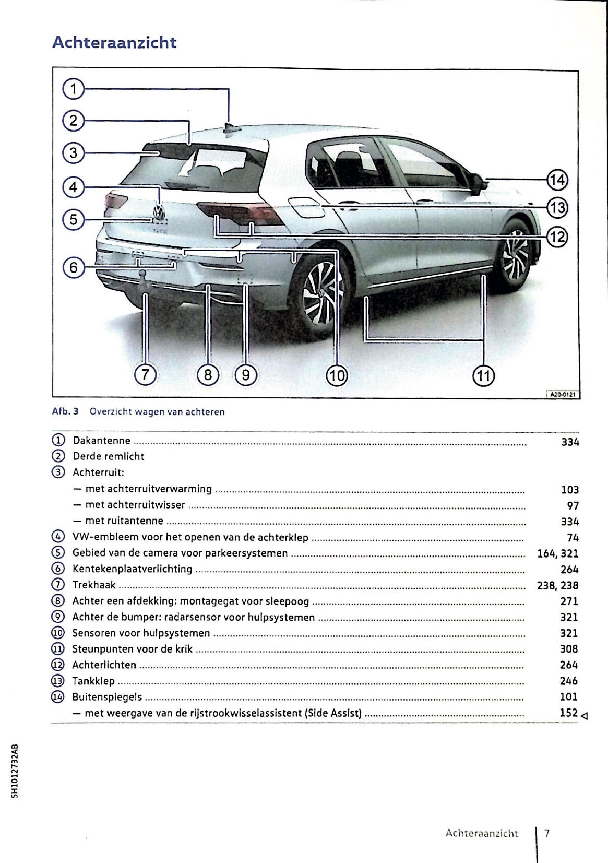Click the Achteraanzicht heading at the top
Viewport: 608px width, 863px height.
click(114, 42)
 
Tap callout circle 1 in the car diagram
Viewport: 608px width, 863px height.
click(74, 89)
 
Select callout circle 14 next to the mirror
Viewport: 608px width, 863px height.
click(557, 180)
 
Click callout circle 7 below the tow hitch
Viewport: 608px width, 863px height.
click(145, 374)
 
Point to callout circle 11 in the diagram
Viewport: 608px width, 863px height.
click(483, 375)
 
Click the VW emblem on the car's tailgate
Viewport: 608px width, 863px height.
click(159, 212)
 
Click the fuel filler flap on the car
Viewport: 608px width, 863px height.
click(305, 207)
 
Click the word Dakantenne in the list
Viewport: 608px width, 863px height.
click(102, 441)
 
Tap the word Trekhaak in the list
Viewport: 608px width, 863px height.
click(94, 585)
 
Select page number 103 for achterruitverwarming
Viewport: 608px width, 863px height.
click(569, 490)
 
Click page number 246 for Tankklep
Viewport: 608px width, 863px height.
click(568, 681)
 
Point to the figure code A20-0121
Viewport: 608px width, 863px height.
click(563, 395)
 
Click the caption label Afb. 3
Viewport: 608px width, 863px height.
click(65, 411)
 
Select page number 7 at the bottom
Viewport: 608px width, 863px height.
click(546, 833)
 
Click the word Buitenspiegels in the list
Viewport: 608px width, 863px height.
click(107, 697)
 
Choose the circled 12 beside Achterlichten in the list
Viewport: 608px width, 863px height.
click(57, 665)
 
